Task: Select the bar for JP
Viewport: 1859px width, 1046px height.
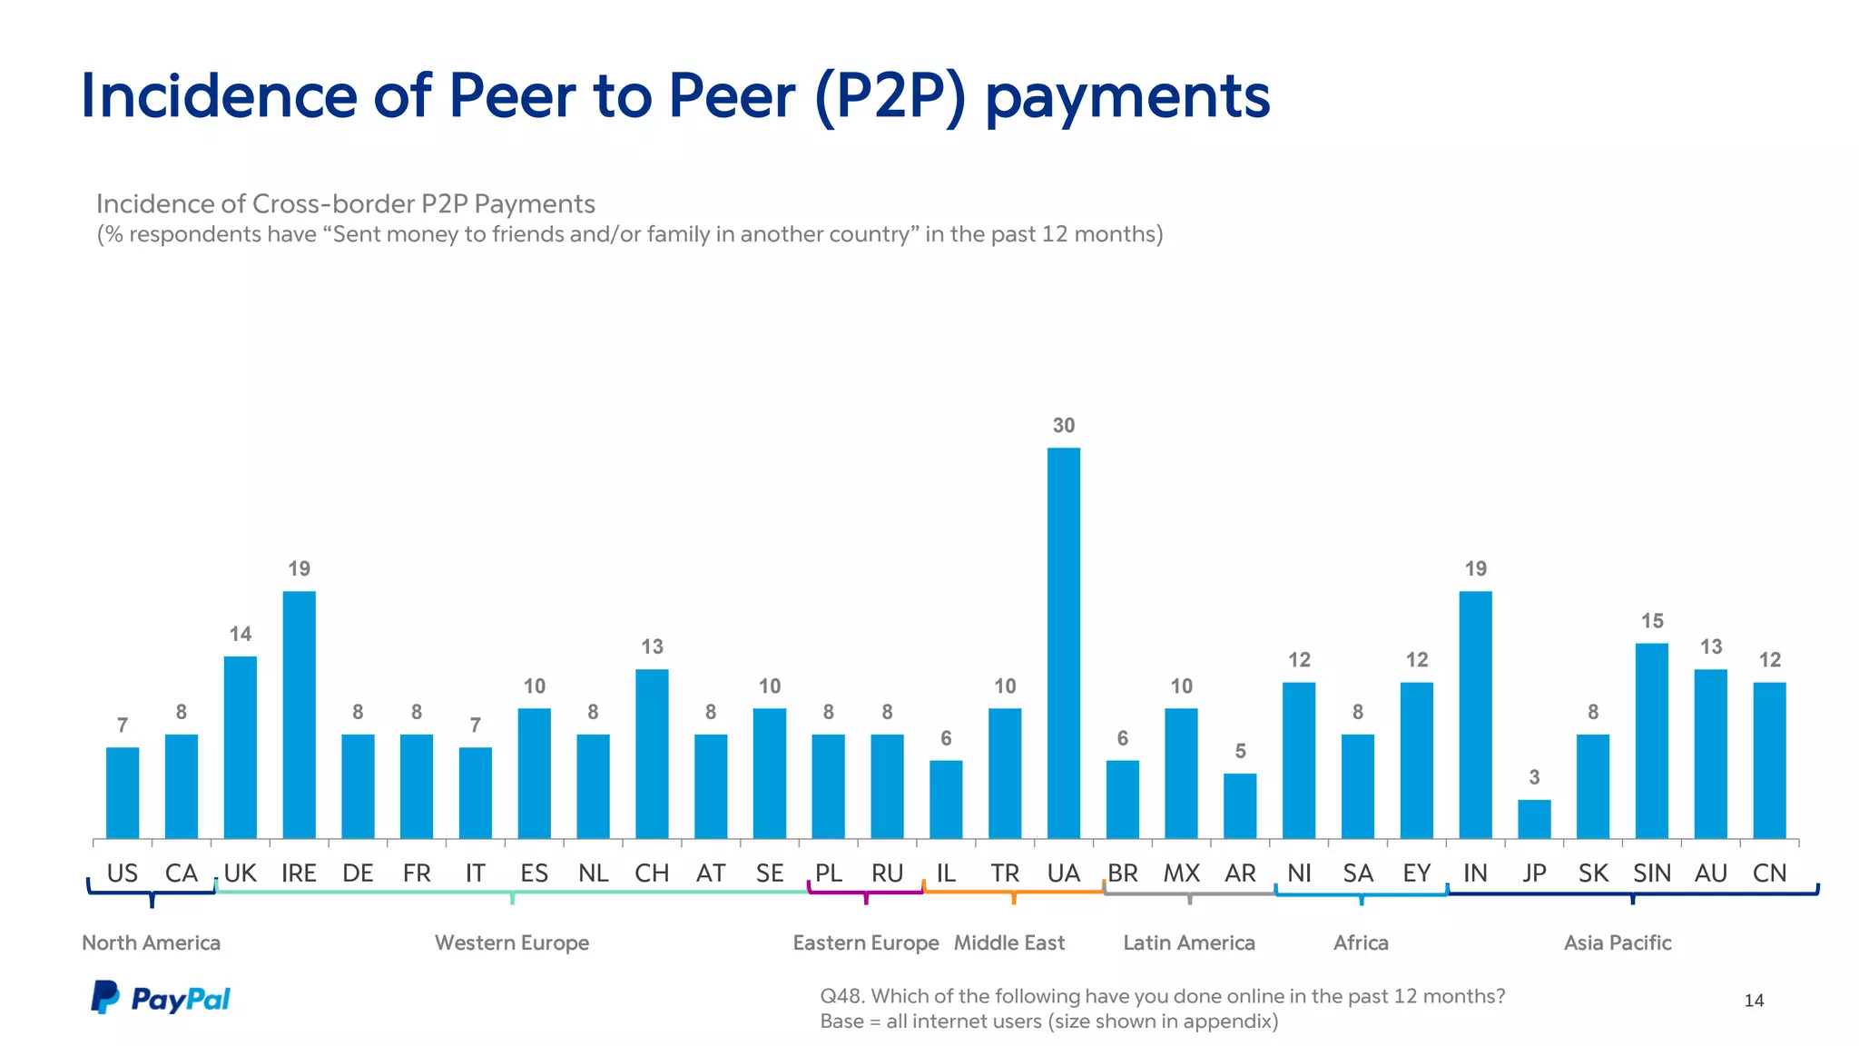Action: [x=1534, y=819]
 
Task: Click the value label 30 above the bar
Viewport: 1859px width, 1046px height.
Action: [x=1063, y=425]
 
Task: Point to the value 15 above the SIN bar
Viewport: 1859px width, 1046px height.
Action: [x=1652, y=621]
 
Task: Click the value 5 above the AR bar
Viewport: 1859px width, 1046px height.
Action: [x=1240, y=751]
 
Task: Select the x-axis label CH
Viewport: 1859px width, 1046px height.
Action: [x=652, y=873]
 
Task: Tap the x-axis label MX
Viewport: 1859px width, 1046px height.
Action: [x=1181, y=873]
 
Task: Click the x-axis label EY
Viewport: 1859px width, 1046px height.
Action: [x=1416, y=873]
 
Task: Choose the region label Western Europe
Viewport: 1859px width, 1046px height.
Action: [x=512, y=942]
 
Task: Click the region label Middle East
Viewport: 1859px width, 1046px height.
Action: [x=1008, y=942]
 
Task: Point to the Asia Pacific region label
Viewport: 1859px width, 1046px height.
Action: [x=1617, y=942]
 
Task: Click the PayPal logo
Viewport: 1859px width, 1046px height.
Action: [x=161, y=998]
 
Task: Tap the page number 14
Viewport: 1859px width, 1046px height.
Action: [x=1754, y=1001]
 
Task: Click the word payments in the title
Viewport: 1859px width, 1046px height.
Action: [x=1127, y=96]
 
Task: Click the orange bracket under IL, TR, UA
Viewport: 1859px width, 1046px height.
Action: [x=1013, y=893]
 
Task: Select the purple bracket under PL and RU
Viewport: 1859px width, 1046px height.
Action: [x=865, y=893]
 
